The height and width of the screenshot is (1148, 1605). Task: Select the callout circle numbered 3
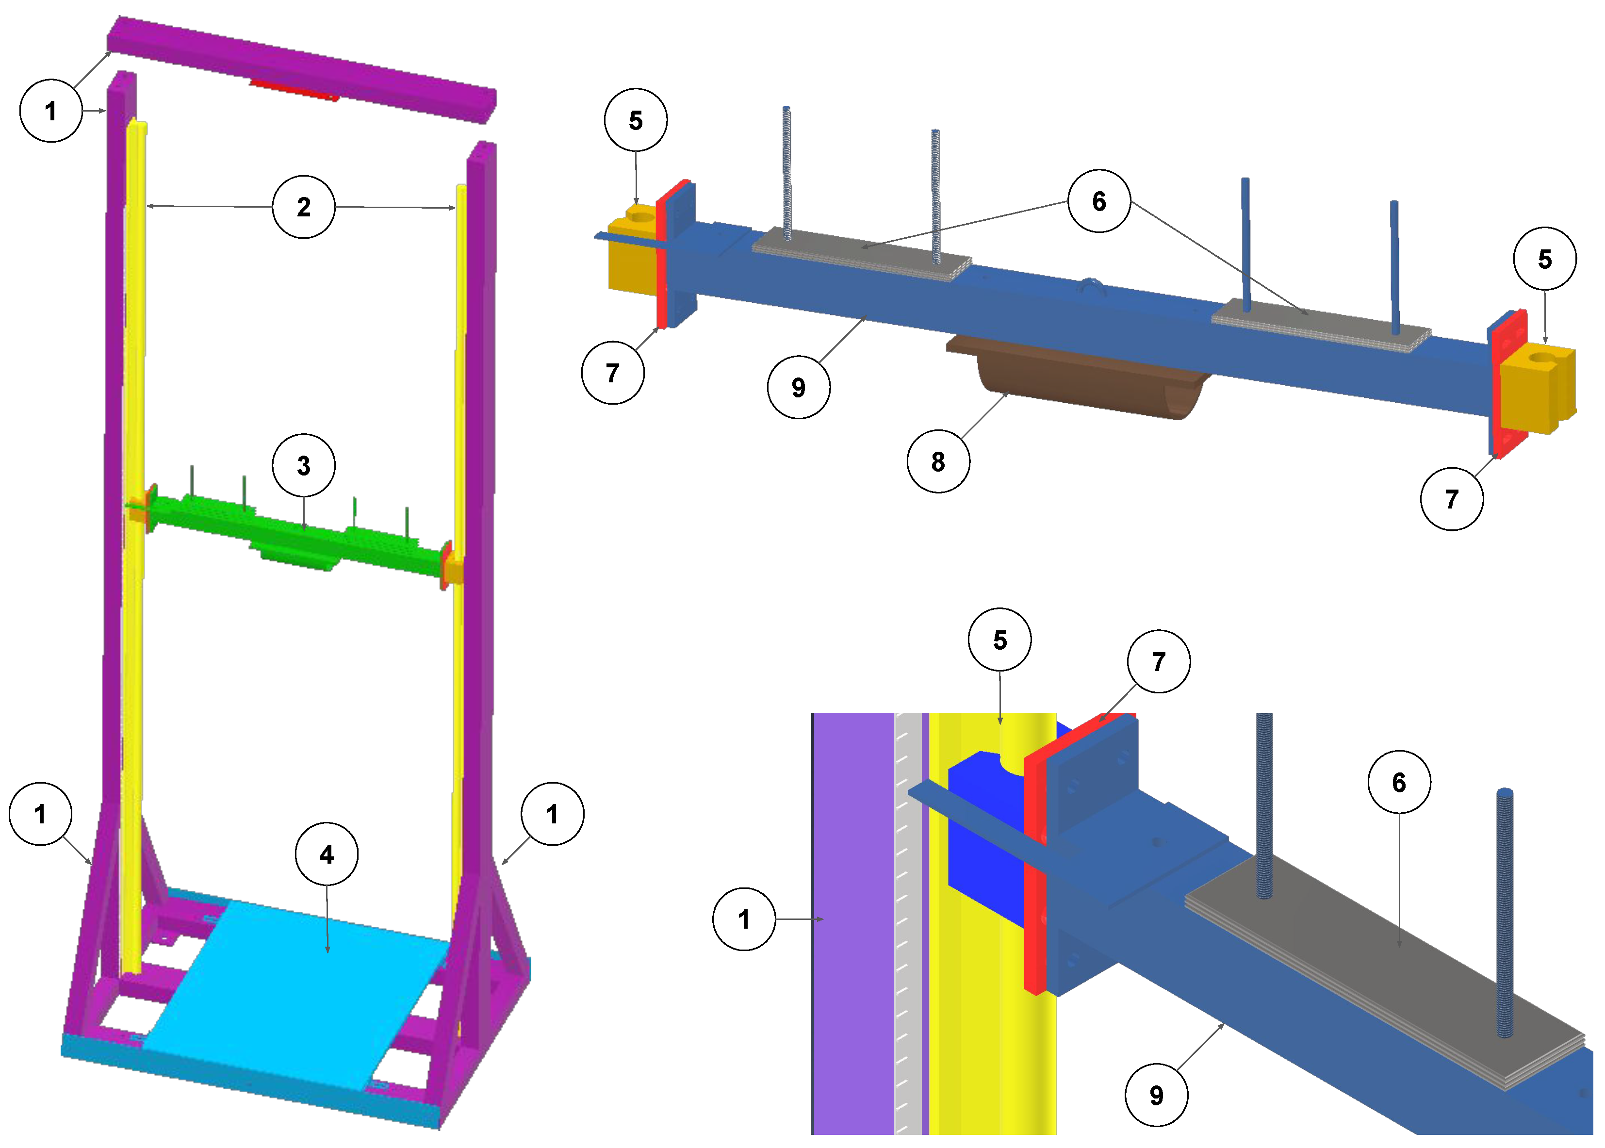pyautogui.click(x=303, y=465)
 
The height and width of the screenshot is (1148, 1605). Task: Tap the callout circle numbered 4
pyautogui.click(x=326, y=854)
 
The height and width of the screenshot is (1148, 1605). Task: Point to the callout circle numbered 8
pyautogui.click(x=938, y=461)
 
